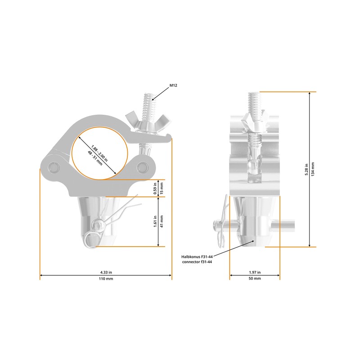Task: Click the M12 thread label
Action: [173, 85]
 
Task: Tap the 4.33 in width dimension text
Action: [106, 272]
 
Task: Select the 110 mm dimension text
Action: [106, 279]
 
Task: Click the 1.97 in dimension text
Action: [255, 272]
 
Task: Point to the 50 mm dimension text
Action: [255, 279]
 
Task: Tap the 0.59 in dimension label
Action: [155, 188]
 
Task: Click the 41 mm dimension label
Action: [162, 222]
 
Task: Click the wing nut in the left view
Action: [147, 122]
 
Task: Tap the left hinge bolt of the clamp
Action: [52, 166]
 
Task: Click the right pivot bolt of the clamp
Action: [144, 166]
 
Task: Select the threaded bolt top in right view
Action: [254, 101]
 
